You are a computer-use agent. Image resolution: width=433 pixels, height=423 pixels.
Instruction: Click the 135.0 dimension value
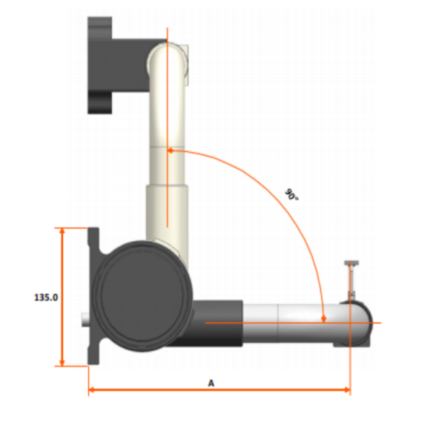(45, 297)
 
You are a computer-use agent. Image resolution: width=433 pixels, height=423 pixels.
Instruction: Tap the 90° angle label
(291, 194)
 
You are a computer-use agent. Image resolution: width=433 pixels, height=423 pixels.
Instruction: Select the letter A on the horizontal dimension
(211, 383)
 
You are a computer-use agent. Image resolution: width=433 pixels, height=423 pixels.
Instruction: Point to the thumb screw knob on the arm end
(351, 265)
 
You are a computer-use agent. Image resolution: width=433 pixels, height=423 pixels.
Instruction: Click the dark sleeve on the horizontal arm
(216, 323)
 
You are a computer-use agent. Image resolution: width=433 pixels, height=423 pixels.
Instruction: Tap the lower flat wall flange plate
(94, 296)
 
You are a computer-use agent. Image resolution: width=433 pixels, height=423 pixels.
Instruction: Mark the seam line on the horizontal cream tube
(280, 323)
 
